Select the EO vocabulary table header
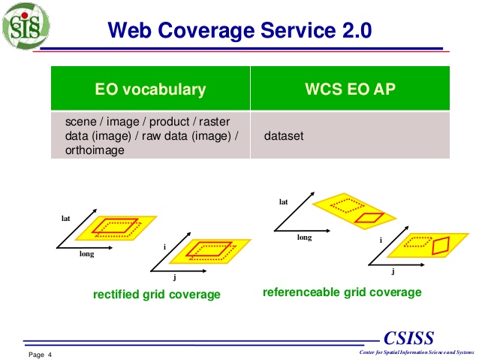pyautogui.click(x=150, y=89)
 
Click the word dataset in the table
pyautogui.click(x=282, y=137)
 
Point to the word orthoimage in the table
pyautogui.click(x=91, y=150)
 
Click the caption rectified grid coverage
pyautogui.click(x=156, y=295)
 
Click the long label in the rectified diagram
pyautogui.click(x=87, y=254)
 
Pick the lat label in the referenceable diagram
pyautogui.click(x=283, y=201)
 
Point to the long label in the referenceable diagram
pyautogui.click(x=304, y=237)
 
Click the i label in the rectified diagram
pyautogui.click(x=164, y=247)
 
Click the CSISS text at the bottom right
pyautogui.click(x=408, y=337)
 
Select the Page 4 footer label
pyautogui.click(x=41, y=355)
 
